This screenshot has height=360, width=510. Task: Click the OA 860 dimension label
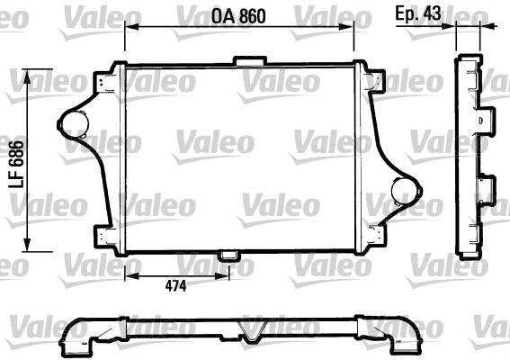coord(238,16)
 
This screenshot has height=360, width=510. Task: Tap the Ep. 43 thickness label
coord(418,13)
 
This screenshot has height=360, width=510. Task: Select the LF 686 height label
coord(17,165)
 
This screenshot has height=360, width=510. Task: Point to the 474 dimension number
coord(175,286)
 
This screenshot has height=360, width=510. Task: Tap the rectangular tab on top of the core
coord(250,61)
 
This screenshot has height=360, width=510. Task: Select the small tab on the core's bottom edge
coord(229,256)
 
